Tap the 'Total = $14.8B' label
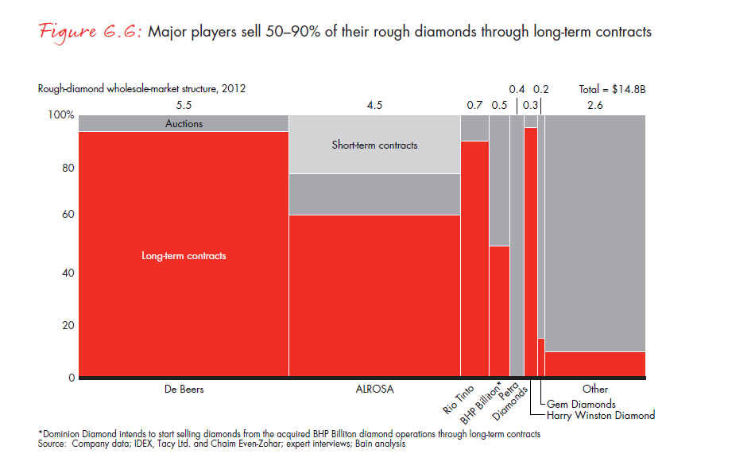click(x=612, y=90)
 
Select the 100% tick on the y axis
click(x=61, y=115)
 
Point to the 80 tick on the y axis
click(x=68, y=168)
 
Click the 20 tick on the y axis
click(x=68, y=325)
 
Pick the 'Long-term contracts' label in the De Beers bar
click(x=184, y=256)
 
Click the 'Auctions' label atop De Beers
click(x=184, y=123)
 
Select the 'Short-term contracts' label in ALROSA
click(x=374, y=145)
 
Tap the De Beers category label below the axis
click(x=183, y=390)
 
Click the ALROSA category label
click(x=374, y=390)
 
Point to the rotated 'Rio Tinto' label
click(x=459, y=400)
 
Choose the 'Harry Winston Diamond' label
click(x=601, y=415)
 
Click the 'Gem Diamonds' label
click(x=581, y=404)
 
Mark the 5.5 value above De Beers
click(x=184, y=105)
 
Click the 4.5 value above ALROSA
click(x=374, y=105)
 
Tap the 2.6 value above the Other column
click(x=594, y=105)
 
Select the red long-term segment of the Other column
click(x=595, y=363)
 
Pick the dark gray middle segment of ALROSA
click(x=374, y=194)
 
